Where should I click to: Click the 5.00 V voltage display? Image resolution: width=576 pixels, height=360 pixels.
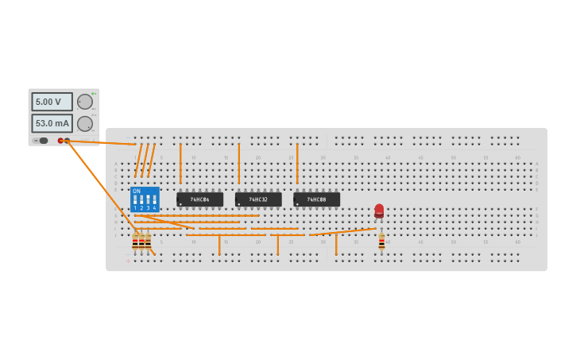[x=52, y=102]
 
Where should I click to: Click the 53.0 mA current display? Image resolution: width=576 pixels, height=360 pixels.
[x=52, y=123]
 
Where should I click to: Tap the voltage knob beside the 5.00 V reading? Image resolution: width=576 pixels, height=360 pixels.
[x=84, y=102]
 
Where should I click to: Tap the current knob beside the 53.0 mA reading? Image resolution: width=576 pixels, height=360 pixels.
[x=84, y=123]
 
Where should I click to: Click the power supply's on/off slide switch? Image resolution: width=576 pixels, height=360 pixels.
[x=41, y=141]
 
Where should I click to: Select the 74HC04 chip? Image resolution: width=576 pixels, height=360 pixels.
[x=199, y=199]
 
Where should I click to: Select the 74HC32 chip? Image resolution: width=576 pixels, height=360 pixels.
[x=258, y=199]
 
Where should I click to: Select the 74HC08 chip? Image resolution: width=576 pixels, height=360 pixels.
[x=316, y=199]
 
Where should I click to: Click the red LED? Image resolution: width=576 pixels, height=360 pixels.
[x=379, y=211]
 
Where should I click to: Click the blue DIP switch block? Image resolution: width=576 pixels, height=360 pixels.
[x=145, y=199]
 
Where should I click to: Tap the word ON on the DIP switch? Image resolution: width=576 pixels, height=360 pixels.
[x=137, y=192]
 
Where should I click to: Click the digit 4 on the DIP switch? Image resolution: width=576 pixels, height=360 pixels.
[x=154, y=208]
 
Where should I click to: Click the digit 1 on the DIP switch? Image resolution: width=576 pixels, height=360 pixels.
[x=135, y=208]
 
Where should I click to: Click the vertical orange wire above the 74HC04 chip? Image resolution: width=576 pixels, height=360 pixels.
[x=180, y=163]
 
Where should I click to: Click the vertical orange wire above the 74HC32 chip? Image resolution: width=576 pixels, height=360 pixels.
[x=238, y=163]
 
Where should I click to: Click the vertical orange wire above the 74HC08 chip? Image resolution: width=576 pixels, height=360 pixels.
[x=297, y=163]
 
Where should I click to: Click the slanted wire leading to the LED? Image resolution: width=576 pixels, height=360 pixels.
[x=342, y=232]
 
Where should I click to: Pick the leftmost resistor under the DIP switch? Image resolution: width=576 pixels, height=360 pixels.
[x=135, y=242]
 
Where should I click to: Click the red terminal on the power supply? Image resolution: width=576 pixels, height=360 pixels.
[x=60, y=141]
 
